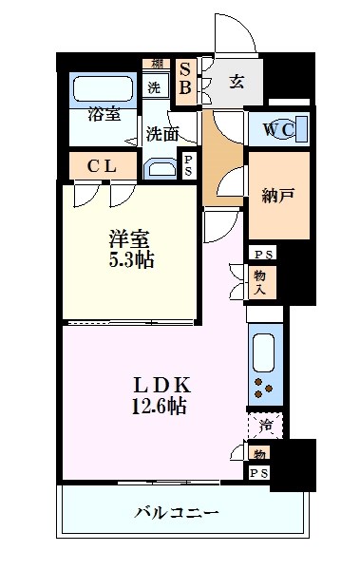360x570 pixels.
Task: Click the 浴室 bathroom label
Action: [104, 114]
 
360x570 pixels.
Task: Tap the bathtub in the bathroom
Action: [104, 90]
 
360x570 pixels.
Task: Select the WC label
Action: [281, 128]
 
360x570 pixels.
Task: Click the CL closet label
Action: [102, 166]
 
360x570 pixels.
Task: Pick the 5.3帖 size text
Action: [130, 259]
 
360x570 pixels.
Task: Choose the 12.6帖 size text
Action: [159, 407]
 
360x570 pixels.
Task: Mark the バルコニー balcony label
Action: [177, 514]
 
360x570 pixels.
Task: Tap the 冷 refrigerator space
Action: [264, 425]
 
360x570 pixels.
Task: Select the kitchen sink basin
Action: [264, 352]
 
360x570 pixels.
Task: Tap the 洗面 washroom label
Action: [162, 134]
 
